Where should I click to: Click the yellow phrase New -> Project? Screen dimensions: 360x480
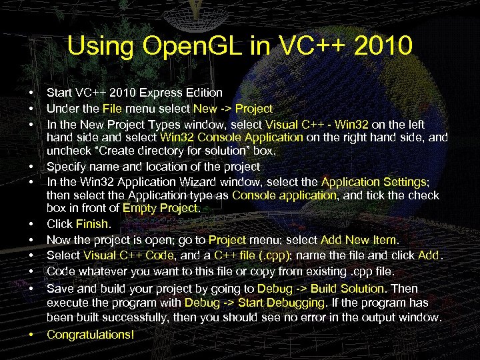coord(233,108)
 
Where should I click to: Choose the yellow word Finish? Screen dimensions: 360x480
coord(93,225)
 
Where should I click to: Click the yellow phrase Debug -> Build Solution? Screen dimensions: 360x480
coord(321,289)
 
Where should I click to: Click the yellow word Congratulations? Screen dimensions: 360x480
coord(91,333)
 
